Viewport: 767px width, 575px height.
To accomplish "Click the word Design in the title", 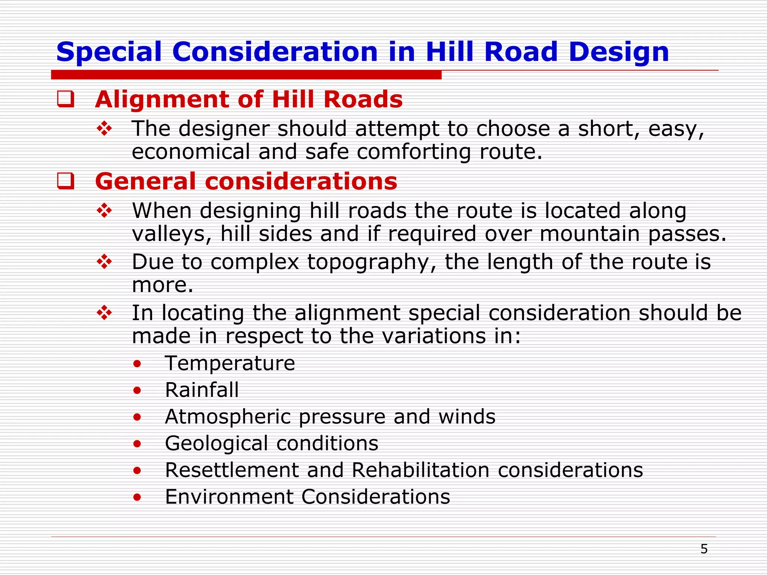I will tap(618, 52).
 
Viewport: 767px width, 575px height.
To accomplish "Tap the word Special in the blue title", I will tap(109, 52).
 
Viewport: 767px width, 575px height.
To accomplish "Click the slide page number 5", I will tap(704, 549).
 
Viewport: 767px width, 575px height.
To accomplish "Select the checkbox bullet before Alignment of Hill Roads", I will tap(66, 99).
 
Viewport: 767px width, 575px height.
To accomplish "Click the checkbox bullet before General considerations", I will tap(66, 181).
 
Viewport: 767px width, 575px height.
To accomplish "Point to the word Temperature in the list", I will tap(230, 363).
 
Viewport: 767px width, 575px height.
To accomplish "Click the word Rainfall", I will tap(202, 390).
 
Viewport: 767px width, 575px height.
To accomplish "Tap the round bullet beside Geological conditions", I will tap(137, 444).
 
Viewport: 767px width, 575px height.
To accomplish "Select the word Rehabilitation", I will tap(421, 470).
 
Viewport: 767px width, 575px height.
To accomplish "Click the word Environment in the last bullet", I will tap(229, 497).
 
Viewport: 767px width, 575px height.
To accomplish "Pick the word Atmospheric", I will tap(228, 417).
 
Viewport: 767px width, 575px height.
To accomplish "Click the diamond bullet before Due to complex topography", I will tap(104, 262).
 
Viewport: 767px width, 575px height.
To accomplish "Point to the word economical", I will tap(191, 152).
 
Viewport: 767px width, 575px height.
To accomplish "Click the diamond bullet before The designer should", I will tap(104, 129).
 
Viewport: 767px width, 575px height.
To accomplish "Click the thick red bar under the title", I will tap(246, 75).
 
